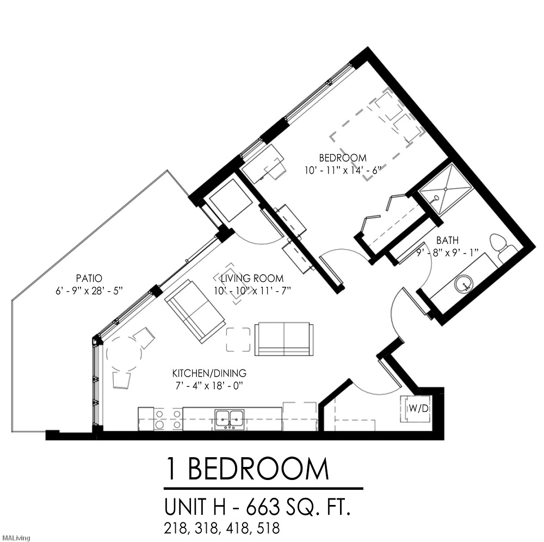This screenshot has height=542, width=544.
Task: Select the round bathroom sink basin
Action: pyautogui.click(x=463, y=283)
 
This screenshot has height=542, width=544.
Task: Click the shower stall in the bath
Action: pyautogui.click(x=446, y=188)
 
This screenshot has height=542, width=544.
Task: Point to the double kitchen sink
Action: pyautogui.click(x=229, y=418)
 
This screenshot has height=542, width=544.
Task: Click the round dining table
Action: pyautogui.click(x=125, y=353)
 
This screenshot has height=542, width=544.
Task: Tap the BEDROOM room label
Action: pyautogui.click(x=343, y=158)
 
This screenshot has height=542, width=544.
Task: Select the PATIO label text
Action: pyautogui.click(x=89, y=278)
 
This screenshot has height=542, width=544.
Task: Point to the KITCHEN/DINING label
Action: pyautogui.click(x=209, y=373)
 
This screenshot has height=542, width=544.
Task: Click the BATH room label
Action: pyautogui.click(x=447, y=240)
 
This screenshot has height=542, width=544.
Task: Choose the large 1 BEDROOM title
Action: pyautogui.click(x=248, y=470)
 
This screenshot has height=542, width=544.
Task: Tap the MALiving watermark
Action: pyautogui.click(x=15, y=538)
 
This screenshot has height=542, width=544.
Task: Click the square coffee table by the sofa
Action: pyautogui.click(x=239, y=340)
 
